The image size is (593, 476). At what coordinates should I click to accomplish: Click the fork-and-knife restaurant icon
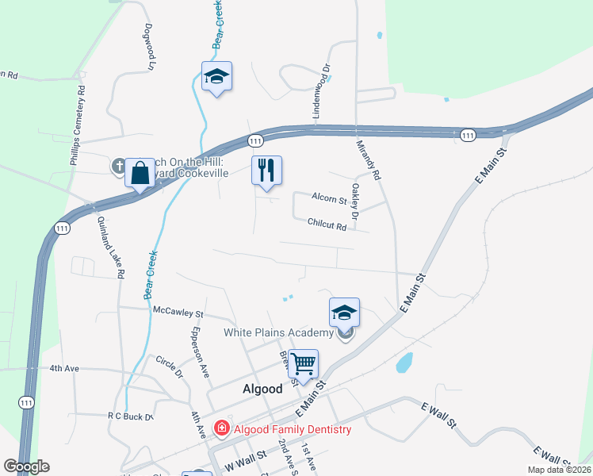tap(266, 170)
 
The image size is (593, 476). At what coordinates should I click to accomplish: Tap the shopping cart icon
tap(303, 364)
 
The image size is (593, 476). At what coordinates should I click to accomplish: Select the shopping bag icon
tap(140, 171)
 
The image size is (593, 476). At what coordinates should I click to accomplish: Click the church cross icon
tap(119, 166)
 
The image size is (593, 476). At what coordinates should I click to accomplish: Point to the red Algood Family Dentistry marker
tap(221, 429)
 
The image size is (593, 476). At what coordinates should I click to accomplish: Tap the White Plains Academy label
tap(278, 332)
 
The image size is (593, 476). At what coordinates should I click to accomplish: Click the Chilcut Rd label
tap(327, 226)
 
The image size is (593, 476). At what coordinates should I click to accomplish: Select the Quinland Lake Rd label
tap(113, 249)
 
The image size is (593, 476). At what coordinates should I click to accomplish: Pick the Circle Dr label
tap(169, 367)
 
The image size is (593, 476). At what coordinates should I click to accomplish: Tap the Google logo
tap(26, 466)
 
